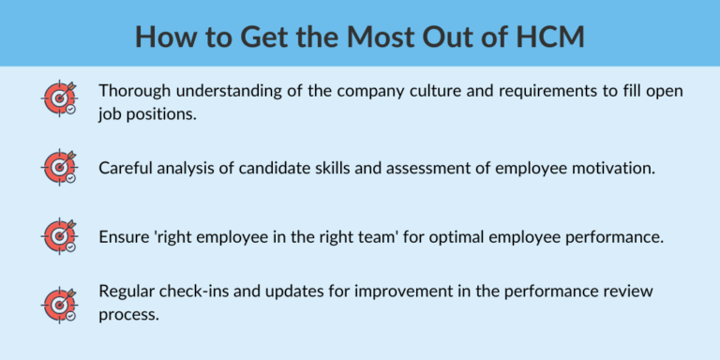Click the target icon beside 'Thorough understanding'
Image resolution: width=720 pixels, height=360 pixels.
coord(59,99)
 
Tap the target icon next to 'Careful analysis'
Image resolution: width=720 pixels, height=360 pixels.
coord(59,167)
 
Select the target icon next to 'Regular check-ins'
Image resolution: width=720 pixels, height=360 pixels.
coord(59,302)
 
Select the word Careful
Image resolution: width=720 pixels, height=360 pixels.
coord(127,168)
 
